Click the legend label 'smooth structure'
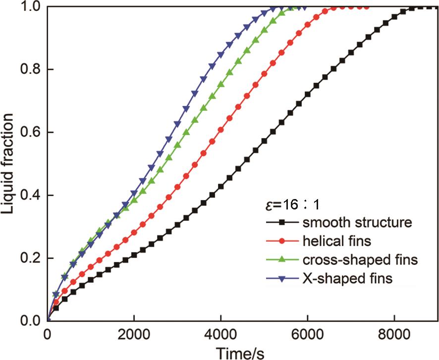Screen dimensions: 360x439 tap(356, 222)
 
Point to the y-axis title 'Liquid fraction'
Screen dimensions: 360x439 tap(8, 163)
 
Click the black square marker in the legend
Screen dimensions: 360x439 tap(281, 222)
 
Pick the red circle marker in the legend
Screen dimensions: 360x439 tap(281, 241)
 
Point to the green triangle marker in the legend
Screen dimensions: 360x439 tap(281, 259)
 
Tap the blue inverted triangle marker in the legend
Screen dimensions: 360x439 tap(281, 279)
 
